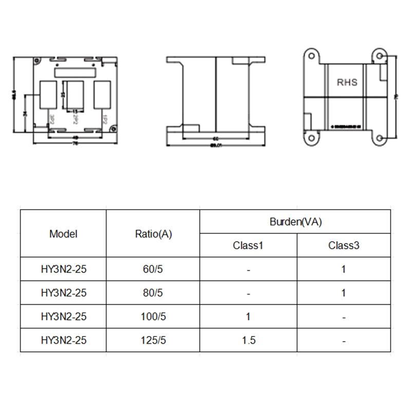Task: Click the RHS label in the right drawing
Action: (347, 82)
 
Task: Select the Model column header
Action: (63, 234)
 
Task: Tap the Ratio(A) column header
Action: (153, 234)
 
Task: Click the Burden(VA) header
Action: (295, 221)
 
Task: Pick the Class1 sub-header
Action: (248, 245)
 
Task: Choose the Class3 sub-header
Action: (344, 245)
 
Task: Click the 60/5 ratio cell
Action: (153, 269)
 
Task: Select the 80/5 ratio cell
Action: (153, 293)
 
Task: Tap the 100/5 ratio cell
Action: (153, 316)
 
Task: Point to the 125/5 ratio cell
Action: (153, 340)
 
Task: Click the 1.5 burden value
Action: (248, 340)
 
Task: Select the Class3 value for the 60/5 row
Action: (344, 269)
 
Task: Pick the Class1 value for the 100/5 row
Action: (248, 316)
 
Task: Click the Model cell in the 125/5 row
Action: (63, 340)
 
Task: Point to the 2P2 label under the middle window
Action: (76, 118)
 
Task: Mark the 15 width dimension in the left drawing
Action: (75, 111)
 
